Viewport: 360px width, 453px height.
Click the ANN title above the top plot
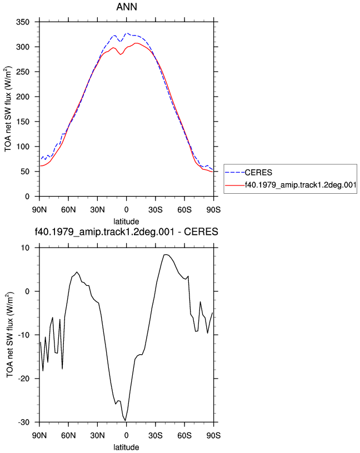pos(127,7)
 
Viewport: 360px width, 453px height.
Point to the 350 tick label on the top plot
pos(23,22)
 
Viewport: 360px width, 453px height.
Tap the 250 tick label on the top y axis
pos(23,72)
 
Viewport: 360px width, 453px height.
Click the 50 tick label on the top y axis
pos(25,172)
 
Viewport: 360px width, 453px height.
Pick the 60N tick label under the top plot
pos(68,210)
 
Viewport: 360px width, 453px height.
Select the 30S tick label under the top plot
pos(156,210)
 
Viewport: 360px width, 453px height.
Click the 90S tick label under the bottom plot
pos(213,436)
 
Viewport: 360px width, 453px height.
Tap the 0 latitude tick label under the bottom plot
pos(126,436)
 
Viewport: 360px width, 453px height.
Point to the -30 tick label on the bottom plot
pos(24,422)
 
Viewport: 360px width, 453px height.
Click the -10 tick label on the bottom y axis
pos(24,335)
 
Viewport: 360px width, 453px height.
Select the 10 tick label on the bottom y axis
pos(25,248)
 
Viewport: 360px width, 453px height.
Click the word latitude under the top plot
pos(126,222)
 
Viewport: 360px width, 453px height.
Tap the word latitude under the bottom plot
pos(126,447)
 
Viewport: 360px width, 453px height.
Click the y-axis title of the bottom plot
pos(9,335)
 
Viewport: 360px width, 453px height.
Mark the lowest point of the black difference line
pos(126,421)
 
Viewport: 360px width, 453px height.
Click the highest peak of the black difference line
pos(165,254)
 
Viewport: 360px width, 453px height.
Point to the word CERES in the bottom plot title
pos(201,231)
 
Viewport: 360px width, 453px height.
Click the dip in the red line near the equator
pos(121,54)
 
